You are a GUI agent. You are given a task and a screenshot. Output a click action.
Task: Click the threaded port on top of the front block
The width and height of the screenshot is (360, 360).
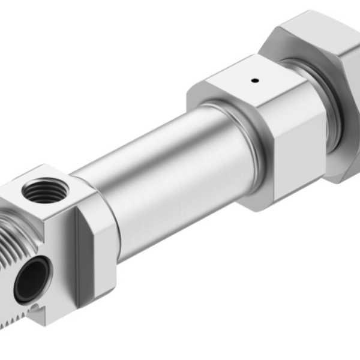click(44, 192)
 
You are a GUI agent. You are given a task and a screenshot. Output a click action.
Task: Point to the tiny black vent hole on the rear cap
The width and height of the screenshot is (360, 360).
click(254, 80)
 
